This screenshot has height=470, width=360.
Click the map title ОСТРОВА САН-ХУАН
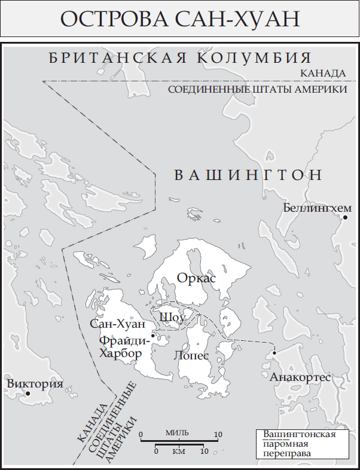pyautogui.click(x=179, y=19)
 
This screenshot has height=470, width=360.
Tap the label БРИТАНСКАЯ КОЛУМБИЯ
pyautogui.click(x=180, y=58)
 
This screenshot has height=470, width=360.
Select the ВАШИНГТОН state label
pyautogui.click(x=248, y=175)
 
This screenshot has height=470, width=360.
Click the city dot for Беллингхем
pyautogui.click(x=345, y=218)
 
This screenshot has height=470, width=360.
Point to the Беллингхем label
pyautogui.click(x=317, y=207)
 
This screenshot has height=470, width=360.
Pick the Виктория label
pyautogui.click(x=35, y=384)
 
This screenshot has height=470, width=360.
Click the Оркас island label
pyautogui.click(x=196, y=278)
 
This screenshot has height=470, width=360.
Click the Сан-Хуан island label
pyautogui.click(x=117, y=324)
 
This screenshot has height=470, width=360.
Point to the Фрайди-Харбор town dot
pyautogui.click(x=153, y=335)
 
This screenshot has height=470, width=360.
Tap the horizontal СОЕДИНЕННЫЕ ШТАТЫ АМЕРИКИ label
pyautogui.click(x=258, y=89)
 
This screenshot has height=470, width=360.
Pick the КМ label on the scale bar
pyautogui.click(x=178, y=451)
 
